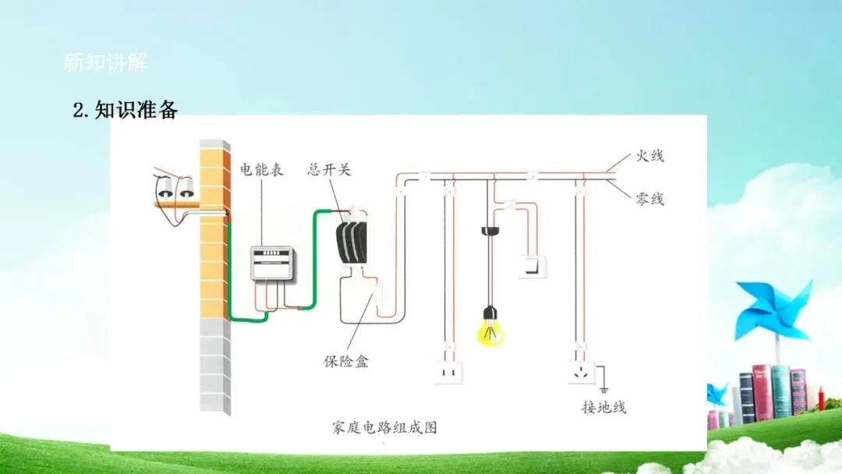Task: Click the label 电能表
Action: tap(261, 168)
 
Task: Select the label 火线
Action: tap(649, 156)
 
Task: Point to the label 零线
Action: tap(649, 200)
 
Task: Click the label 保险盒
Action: tap(346, 361)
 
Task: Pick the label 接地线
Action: tap(603, 407)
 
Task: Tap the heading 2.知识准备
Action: tap(126, 110)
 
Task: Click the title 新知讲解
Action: tap(105, 62)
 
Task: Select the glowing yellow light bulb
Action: tap(490, 327)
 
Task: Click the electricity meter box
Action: tap(271, 264)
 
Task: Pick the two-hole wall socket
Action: tap(448, 373)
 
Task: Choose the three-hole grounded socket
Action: tap(579, 373)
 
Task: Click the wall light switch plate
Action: tap(533, 267)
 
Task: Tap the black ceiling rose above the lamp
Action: tap(490, 231)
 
